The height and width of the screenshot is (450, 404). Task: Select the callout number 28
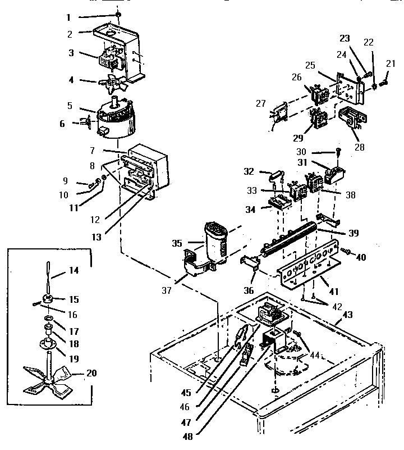[360, 148]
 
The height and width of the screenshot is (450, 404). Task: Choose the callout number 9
[65, 181]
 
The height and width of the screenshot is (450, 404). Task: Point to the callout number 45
[186, 393]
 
